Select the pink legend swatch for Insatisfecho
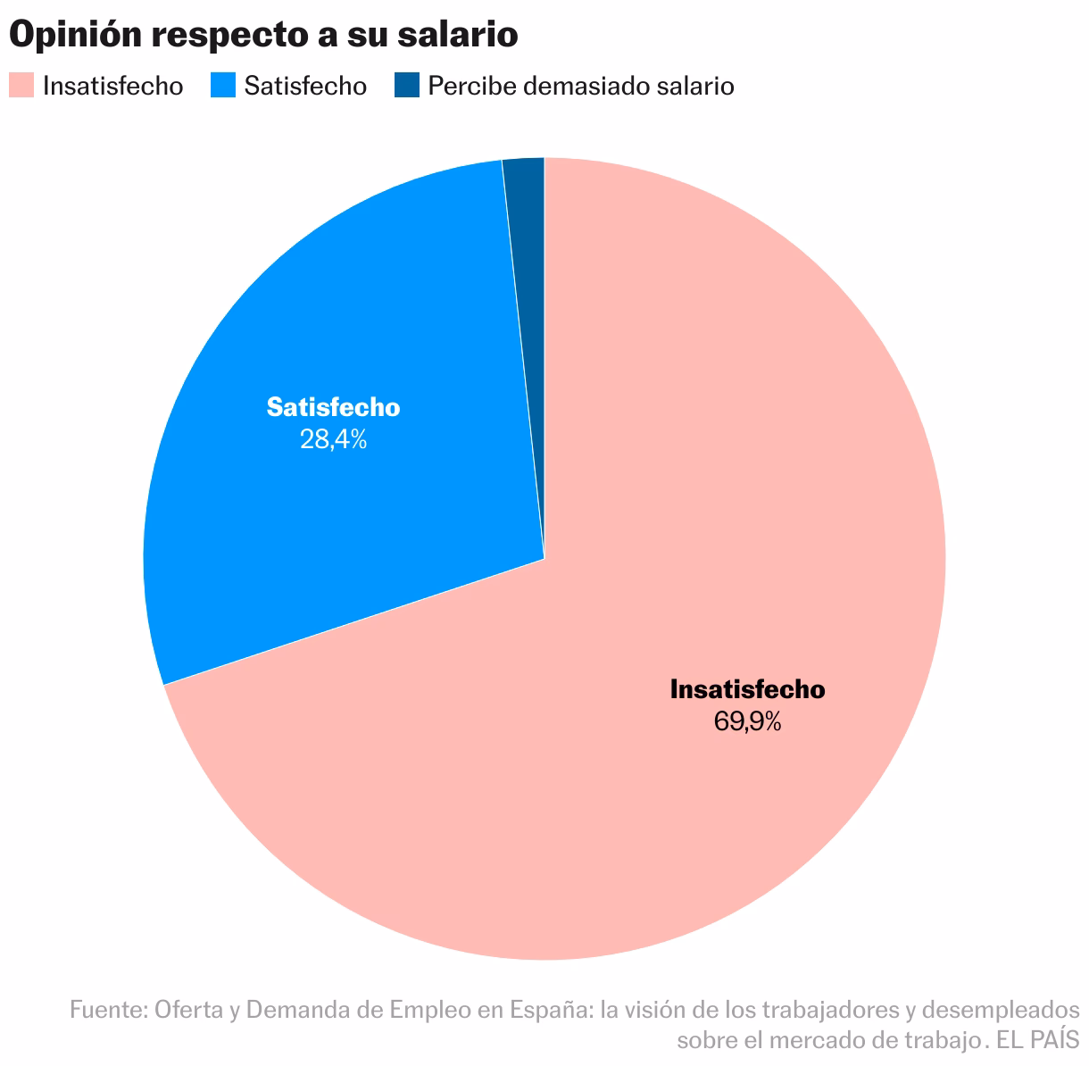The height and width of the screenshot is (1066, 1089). [x=21, y=86]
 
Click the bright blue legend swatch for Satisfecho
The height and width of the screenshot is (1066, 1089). [x=223, y=86]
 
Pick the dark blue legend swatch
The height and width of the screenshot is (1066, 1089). [x=406, y=86]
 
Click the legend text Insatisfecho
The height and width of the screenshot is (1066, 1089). [x=113, y=87]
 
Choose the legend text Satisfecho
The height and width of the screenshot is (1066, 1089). [x=306, y=87]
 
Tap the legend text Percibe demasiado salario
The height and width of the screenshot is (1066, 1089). [x=581, y=87]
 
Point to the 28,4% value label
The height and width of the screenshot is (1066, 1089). [x=333, y=439]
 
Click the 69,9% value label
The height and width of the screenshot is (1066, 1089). [x=747, y=721]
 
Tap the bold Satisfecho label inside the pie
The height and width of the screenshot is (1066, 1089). [x=333, y=407]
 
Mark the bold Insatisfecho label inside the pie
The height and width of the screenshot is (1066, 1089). [x=747, y=689]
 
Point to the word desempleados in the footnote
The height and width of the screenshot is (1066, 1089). [x=1000, y=1010]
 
